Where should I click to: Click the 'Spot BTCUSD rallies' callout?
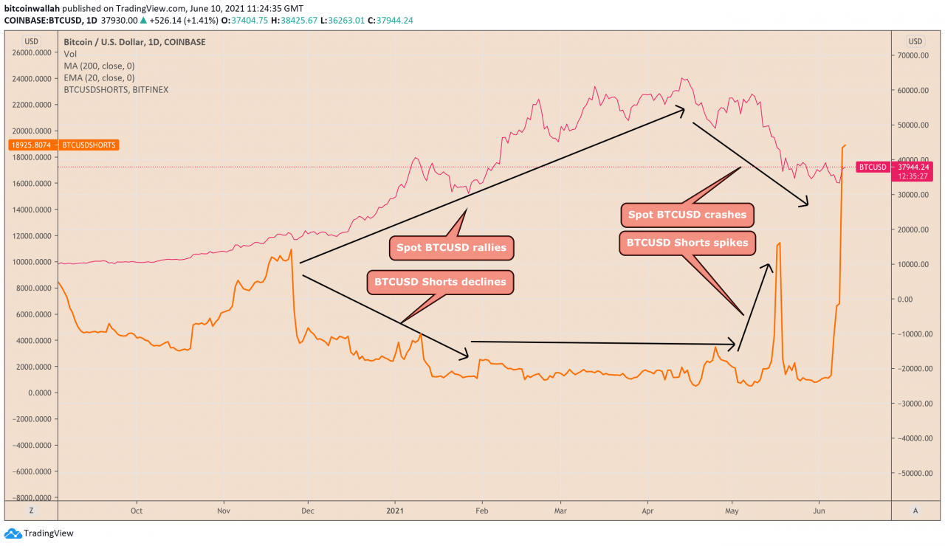[451, 248]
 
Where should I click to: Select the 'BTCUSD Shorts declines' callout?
[440, 281]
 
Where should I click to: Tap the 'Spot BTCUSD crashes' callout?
[687, 215]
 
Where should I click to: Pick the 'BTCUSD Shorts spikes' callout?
[687, 243]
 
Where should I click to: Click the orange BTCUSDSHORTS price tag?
[64, 145]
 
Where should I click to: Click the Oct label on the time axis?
[136, 510]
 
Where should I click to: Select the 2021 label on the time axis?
[396, 510]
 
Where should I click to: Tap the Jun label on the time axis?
[818, 510]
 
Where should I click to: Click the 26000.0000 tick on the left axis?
[32, 52]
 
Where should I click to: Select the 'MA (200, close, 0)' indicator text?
[99, 66]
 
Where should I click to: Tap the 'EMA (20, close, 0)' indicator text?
[99, 77]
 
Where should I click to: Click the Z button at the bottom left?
[32, 510]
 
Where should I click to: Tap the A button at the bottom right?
[915, 510]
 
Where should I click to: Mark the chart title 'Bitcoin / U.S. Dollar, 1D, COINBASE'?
[134, 42]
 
